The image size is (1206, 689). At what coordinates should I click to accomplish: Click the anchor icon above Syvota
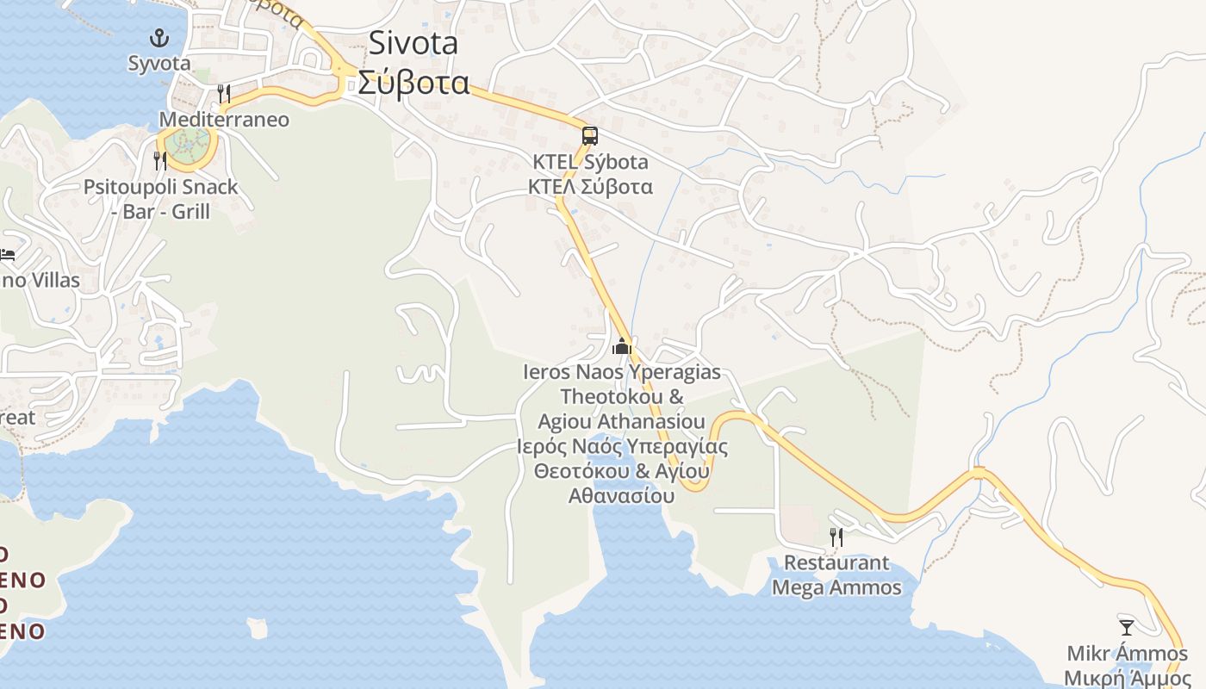click(x=159, y=38)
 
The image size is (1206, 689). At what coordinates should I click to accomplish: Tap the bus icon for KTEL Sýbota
click(x=589, y=136)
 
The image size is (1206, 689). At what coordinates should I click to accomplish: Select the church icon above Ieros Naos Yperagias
click(x=621, y=347)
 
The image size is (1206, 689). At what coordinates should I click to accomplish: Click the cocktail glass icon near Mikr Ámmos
click(x=1126, y=627)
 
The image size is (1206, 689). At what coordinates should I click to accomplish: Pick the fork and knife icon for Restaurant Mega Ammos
click(x=836, y=537)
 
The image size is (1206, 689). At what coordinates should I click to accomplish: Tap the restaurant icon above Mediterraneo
click(x=224, y=93)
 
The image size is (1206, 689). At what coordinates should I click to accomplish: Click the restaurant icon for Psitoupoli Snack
click(x=159, y=160)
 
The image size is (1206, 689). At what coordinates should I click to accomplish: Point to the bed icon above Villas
click(x=7, y=255)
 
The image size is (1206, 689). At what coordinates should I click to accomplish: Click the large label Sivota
click(x=413, y=43)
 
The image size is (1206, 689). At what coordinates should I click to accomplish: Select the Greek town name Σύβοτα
click(x=413, y=84)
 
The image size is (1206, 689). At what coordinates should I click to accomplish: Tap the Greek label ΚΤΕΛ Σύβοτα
click(x=591, y=187)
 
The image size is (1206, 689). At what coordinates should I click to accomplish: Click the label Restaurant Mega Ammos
click(x=836, y=575)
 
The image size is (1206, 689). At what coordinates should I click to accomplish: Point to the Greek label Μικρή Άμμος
click(x=1127, y=678)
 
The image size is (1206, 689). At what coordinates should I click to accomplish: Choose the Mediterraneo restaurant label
click(x=224, y=119)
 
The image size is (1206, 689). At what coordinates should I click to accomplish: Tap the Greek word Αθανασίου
click(x=621, y=496)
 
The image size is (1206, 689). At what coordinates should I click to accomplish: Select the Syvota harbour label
click(x=159, y=63)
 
